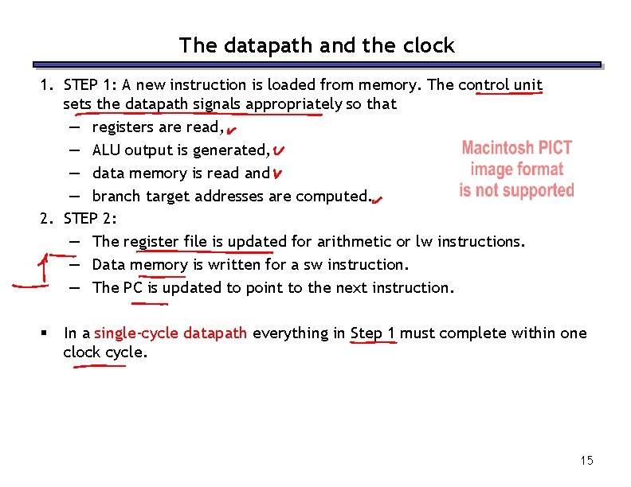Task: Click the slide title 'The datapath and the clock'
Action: click(316, 45)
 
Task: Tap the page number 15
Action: click(587, 461)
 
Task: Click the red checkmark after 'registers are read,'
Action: click(230, 129)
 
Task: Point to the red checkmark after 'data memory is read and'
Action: click(275, 173)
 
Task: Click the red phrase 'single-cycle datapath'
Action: click(170, 333)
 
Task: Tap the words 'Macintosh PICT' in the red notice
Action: click(516, 149)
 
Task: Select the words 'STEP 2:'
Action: click(91, 218)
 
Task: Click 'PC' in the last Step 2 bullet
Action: click(132, 287)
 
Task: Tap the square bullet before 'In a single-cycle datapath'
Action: click(48, 333)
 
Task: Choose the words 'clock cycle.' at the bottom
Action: click(105, 352)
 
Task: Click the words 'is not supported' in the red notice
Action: click(516, 191)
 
